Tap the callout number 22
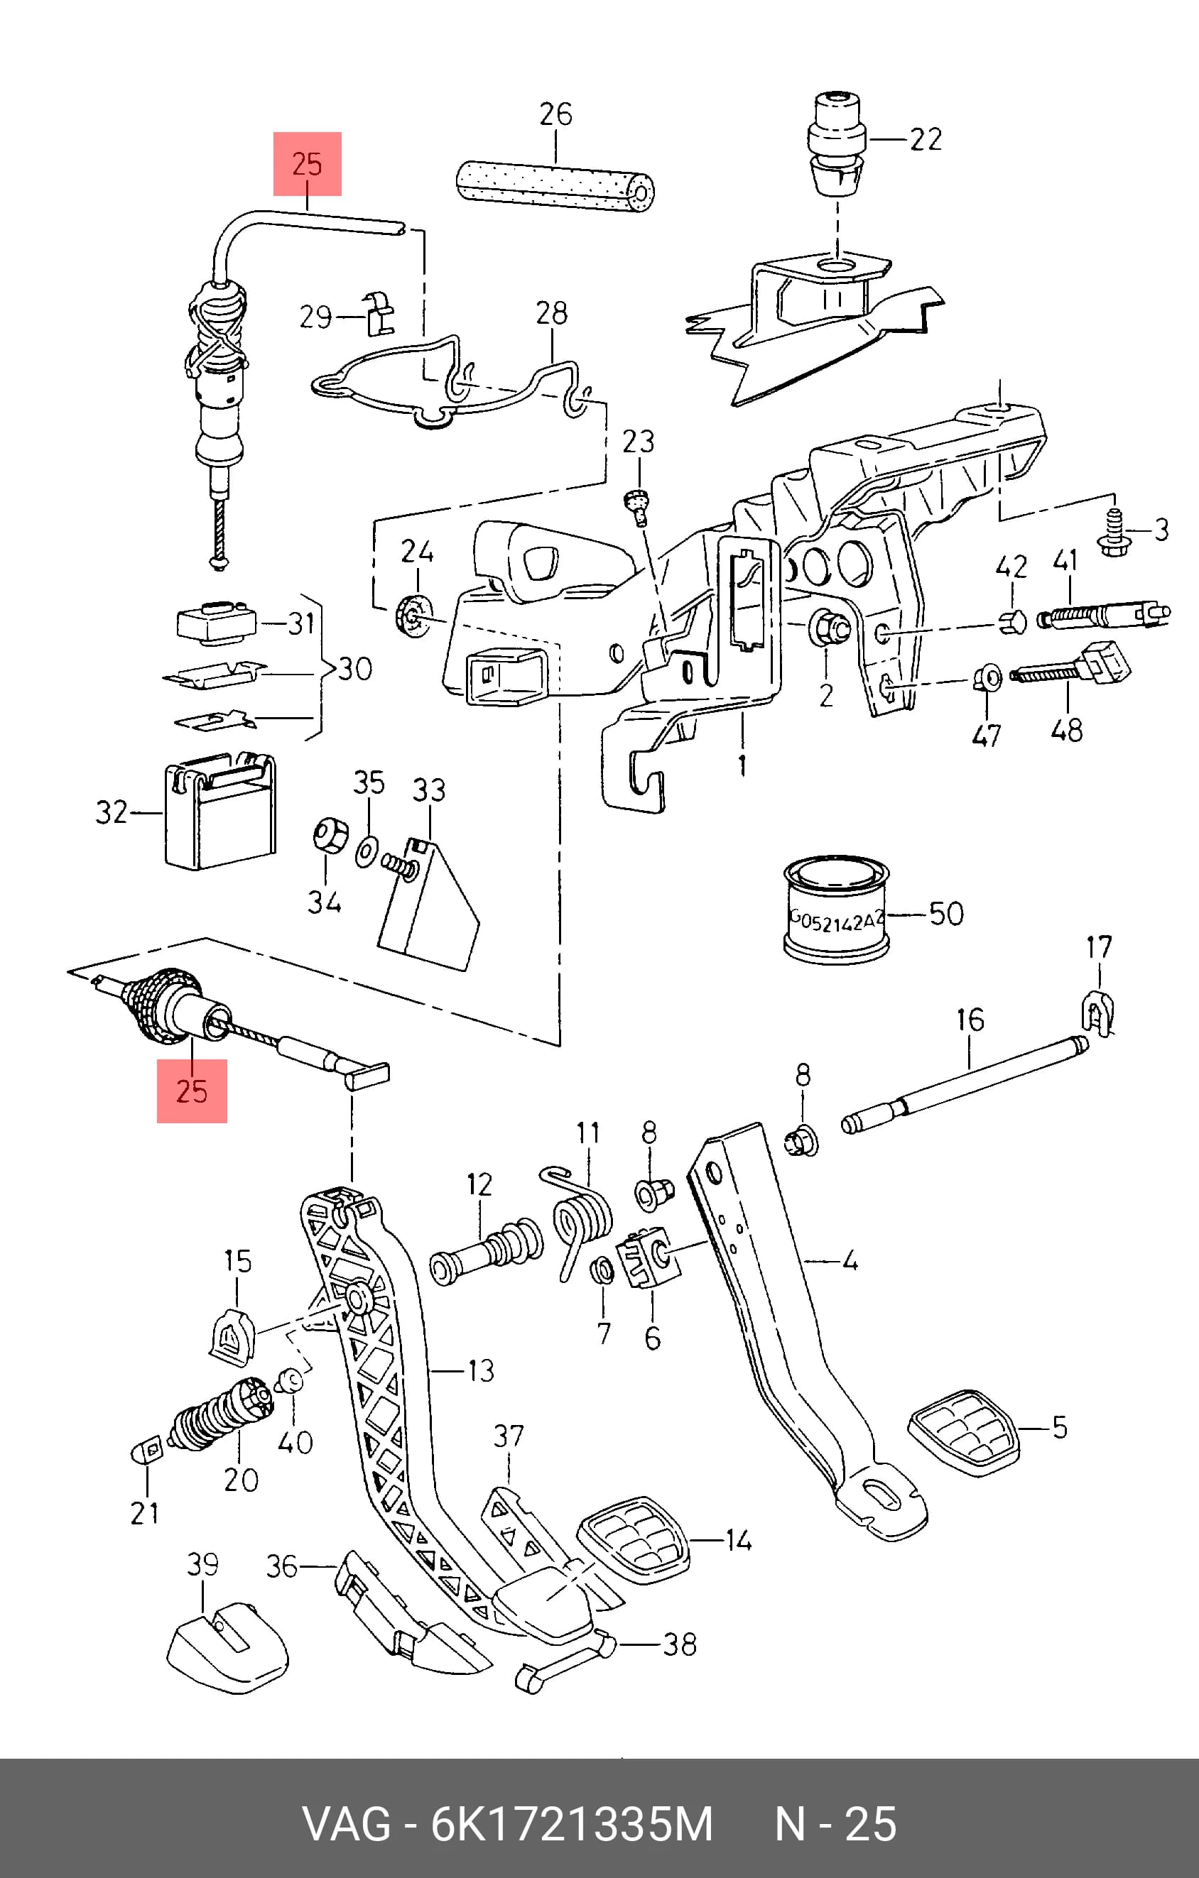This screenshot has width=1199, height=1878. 926,140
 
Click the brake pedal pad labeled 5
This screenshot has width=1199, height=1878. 962,1433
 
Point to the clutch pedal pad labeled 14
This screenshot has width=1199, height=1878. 633,1540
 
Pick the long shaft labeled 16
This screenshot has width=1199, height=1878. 965,1084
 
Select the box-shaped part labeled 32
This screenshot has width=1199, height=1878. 220,810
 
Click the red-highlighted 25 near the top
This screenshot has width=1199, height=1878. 308,164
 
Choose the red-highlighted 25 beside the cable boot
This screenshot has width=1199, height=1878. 192,1091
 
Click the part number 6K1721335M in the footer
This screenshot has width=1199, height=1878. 573,1824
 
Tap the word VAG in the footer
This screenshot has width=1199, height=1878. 347,1824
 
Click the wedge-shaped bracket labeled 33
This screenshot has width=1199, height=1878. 428,905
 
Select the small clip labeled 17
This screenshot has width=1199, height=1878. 1098,1014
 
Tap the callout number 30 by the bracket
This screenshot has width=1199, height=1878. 355,668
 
